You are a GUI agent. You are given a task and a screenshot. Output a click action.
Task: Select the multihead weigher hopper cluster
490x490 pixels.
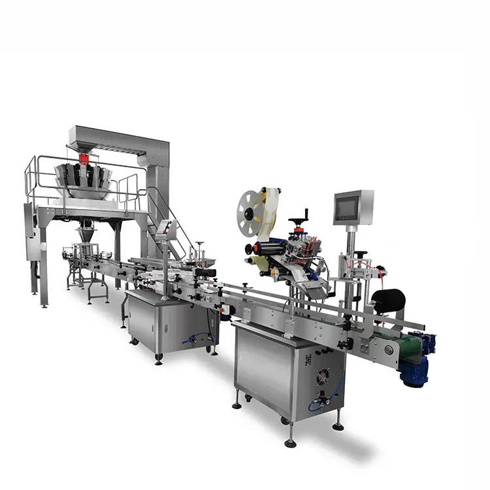click(x=83, y=180)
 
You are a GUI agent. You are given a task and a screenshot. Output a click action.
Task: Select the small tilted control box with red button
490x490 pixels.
click(x=167, y=229)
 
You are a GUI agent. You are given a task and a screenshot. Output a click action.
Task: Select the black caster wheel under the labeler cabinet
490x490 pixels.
click(x=249, y=398)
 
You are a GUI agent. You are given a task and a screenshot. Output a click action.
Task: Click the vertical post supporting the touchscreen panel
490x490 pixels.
click(x=351, y=252)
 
